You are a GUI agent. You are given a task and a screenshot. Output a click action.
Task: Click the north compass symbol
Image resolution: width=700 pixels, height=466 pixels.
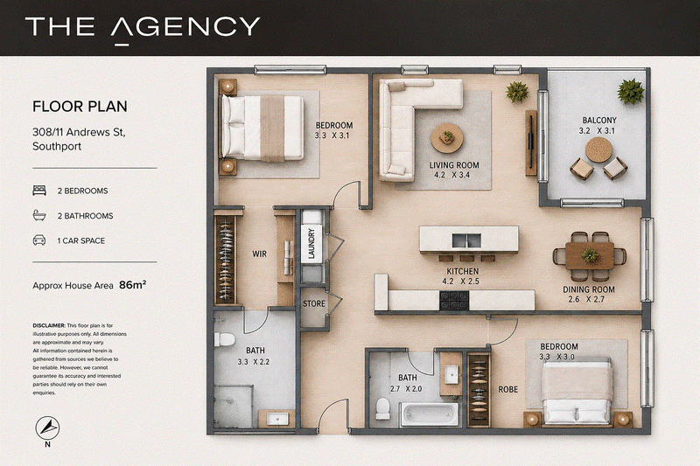[x=47, y=428]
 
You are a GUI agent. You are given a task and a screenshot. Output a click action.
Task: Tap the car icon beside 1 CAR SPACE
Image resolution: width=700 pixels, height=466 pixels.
[x=39, y=240]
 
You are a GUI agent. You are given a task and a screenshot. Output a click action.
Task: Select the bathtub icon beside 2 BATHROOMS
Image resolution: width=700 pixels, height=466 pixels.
[x=39, y=215]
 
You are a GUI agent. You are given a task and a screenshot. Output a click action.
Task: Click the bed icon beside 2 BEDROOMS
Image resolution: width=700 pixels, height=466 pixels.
[x=39, y=191]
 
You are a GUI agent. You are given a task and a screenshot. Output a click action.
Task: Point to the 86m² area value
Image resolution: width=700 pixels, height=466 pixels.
[x=133, y=285]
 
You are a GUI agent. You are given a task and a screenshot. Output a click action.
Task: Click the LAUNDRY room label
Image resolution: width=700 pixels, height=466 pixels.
[x=311, y=243]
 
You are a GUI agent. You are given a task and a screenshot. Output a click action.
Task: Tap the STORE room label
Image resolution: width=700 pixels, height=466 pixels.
[x=314, y=303]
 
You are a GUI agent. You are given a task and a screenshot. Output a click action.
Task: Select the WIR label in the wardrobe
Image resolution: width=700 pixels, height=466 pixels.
[x=259, y=254]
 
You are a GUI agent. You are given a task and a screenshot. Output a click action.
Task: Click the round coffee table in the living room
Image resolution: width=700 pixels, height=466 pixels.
[x=447, y=138]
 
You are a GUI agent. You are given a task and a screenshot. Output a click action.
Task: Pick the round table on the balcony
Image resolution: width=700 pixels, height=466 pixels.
[x=598, y=150]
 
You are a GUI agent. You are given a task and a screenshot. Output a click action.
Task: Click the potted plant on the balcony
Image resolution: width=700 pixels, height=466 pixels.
[x=631, y=91]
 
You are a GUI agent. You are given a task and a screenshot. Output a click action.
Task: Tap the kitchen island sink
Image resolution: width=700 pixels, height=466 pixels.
[x=466, y=240]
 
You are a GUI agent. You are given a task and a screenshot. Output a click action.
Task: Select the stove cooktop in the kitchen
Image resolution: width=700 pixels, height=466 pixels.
[x=454, y=300]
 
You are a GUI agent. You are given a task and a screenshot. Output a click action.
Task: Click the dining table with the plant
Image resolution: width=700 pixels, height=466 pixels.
[x=590, y=256]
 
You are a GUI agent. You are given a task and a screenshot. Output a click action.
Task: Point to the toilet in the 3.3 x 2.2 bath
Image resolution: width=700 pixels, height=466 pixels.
[x=224, y=339]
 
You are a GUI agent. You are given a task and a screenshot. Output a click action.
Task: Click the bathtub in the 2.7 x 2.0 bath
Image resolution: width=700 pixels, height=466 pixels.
[x=430, y=414]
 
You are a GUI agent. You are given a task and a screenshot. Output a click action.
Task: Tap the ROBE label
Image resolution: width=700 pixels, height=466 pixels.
[x=508, y=389]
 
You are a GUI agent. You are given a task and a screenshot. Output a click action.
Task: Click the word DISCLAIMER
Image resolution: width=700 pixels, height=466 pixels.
[x=49, y=325]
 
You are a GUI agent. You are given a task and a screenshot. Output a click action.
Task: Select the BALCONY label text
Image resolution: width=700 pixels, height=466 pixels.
[x=599, y=121]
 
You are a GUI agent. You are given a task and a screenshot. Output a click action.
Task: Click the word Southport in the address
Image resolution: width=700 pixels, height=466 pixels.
[x=57, y=146]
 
